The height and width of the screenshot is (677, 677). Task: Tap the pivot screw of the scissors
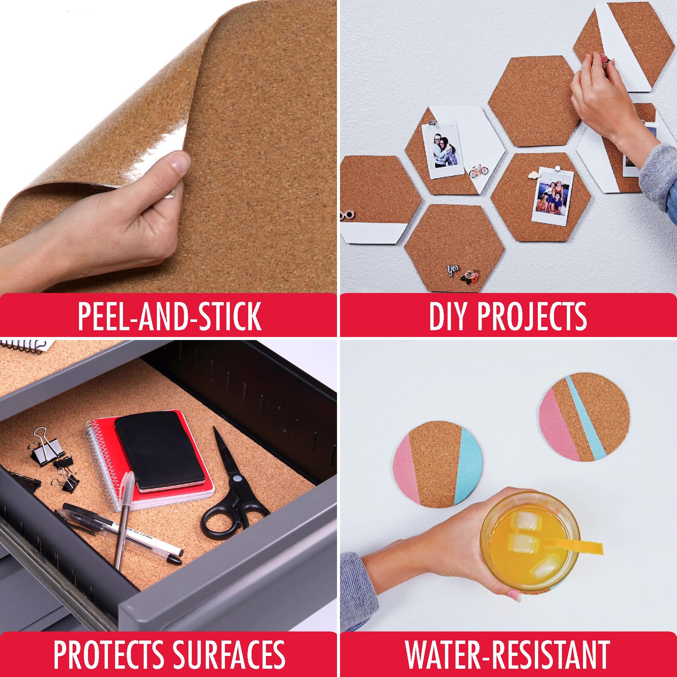click(x=237, y=479)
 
